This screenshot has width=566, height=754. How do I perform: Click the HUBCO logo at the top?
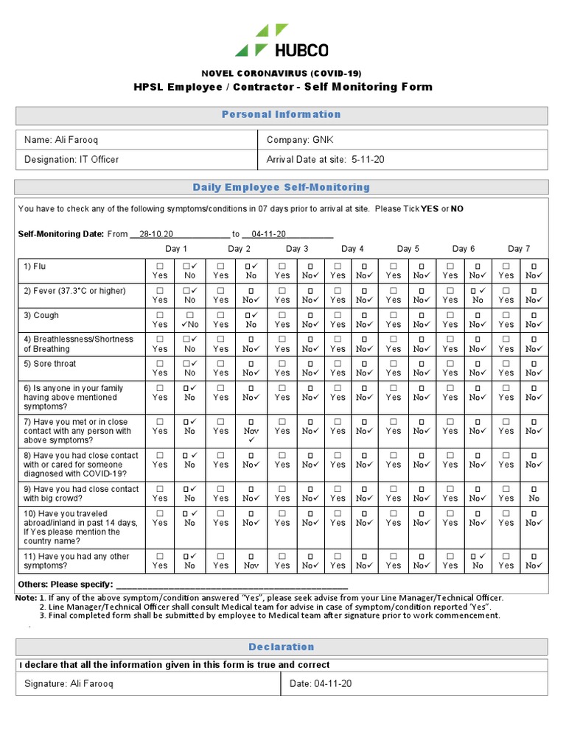pos(282,41)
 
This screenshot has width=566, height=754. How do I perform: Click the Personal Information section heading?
pos(282,115)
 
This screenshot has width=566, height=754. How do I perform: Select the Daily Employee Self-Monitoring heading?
pos(282,188)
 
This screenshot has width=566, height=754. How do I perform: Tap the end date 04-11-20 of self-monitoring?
pos(268,233)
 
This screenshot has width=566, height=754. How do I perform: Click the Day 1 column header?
pos(176,249)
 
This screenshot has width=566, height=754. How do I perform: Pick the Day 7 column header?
pos(519,249)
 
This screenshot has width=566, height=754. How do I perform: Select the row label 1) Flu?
pos(35,267)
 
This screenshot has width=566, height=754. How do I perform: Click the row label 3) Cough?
pos(41,315)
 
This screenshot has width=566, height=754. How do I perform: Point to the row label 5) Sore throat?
pos(50,364)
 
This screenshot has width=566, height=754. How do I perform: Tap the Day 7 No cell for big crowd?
pos(534,493)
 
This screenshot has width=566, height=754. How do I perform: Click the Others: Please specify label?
pos(65,585)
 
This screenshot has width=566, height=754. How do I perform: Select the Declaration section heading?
pos(282,647)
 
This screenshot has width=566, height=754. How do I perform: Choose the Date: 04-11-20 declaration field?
pos(321,684)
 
